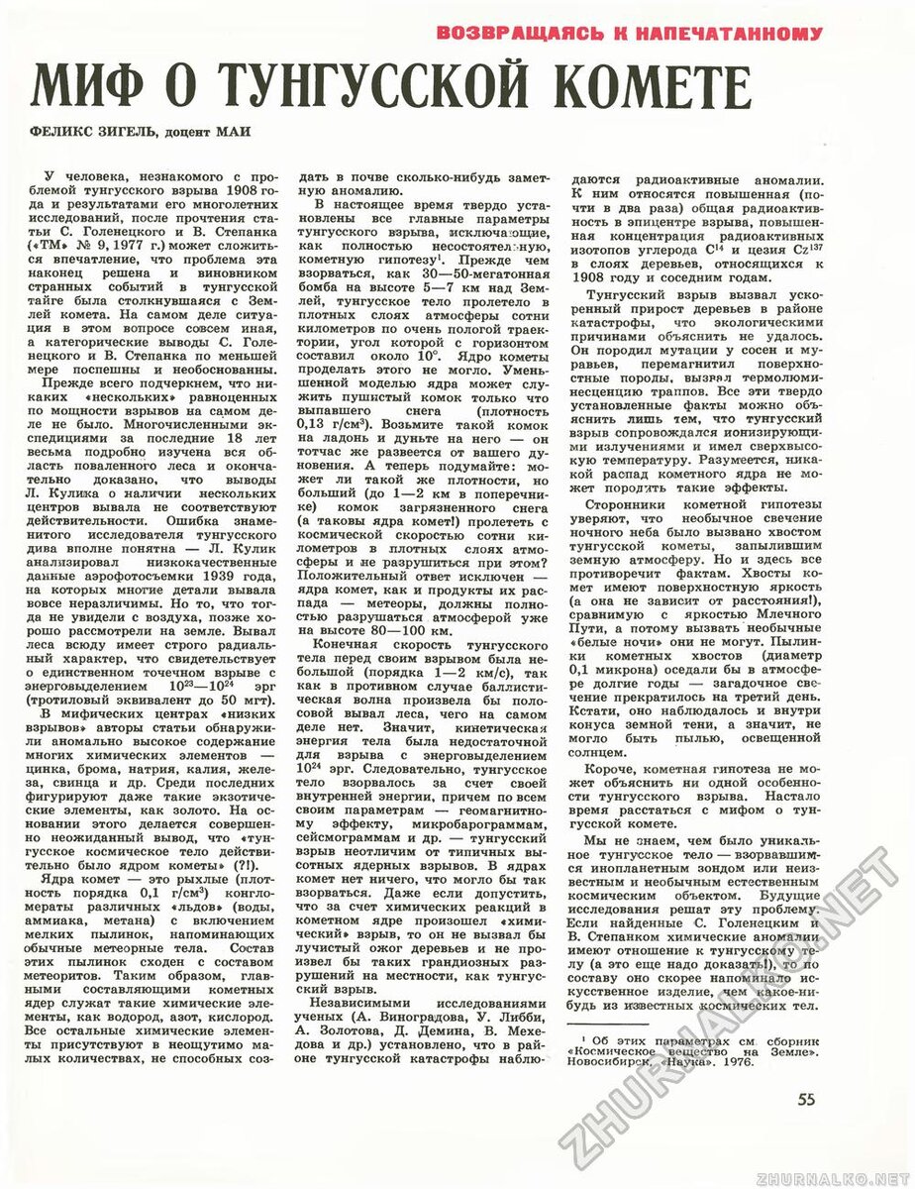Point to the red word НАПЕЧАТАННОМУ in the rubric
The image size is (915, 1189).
tap(715, 35)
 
